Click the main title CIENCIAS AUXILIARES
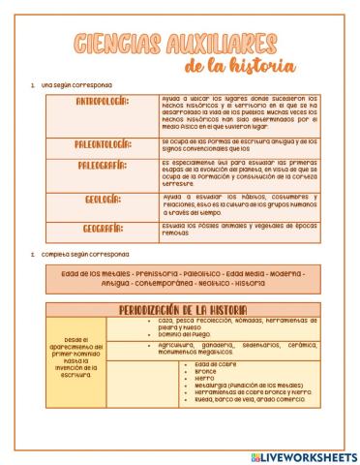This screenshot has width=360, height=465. [x=180, y=43]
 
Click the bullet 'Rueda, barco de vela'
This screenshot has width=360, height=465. [x=249, y=398]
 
